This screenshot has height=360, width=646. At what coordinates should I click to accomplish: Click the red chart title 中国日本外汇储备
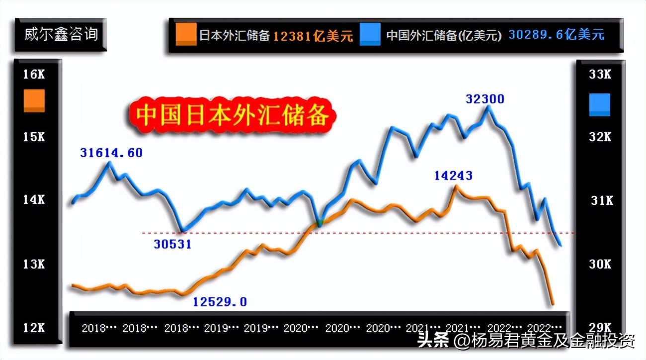coord(232,116)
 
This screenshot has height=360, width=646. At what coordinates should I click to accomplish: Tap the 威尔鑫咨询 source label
coord(61,35)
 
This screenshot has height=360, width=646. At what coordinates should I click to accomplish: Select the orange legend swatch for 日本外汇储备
coord(186,35)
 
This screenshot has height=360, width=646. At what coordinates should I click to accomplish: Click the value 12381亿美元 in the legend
coord(313,36)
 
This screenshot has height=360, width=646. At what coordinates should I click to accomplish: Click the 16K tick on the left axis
coord(34,75)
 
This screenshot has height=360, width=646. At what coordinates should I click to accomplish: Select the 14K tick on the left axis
coord(34,200)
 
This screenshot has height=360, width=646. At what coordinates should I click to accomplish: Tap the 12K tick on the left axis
coord(34,328)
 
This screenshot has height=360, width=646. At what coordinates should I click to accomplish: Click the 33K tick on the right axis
coord(600,75)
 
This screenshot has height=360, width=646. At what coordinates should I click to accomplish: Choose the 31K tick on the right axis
coord(601,201)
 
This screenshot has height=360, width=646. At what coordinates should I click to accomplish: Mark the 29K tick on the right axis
coord(600,328)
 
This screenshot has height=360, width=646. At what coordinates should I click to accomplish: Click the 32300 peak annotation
coord(485,99)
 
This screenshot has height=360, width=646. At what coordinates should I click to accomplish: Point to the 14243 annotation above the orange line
coord(453,176)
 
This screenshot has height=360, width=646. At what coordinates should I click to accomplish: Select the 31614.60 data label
coord(111,153)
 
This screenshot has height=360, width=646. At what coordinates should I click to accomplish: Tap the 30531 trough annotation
coord(171,244)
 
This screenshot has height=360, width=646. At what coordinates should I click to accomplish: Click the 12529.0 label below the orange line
coord(220,302)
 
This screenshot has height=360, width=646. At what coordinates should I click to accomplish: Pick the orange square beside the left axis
coord(34,101)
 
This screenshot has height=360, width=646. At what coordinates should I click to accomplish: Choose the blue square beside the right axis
coord(599,105)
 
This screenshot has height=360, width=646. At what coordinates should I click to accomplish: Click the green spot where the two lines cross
coord(320,223)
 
